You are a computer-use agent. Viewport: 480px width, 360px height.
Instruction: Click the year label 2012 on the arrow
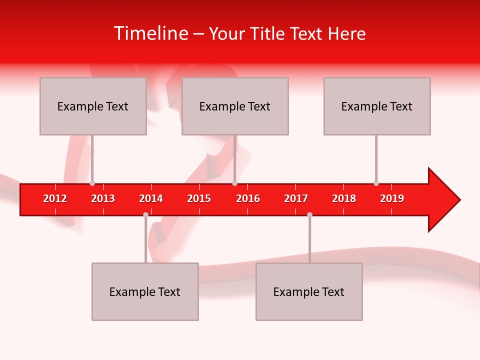click(55, 198)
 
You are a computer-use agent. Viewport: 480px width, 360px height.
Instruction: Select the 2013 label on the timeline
click(103, 198)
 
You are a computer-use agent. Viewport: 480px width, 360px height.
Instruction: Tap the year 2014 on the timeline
click(151, 198)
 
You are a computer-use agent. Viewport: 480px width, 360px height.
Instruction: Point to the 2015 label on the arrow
click(199, 198)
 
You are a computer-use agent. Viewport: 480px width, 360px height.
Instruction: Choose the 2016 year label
click(248, 198)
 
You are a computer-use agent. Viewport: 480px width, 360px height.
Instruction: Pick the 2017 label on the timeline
click(296, 198)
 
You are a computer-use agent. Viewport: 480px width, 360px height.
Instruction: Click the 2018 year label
click(344, 198)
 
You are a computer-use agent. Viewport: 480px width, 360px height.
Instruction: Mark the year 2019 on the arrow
click(392, 198)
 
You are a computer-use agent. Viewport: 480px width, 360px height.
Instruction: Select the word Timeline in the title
click(150, 33)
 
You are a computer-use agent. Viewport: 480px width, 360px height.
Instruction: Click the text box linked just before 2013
click(93, 106)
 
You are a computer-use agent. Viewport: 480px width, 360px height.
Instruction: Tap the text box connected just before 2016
click(235, 106)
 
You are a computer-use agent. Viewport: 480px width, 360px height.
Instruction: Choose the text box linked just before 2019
click(377, 106)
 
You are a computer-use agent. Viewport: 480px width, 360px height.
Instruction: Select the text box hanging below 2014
click(145, 291)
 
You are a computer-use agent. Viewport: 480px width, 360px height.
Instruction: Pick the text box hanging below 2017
click(309, 291)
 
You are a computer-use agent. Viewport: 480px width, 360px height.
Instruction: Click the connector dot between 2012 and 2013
click(92, 183)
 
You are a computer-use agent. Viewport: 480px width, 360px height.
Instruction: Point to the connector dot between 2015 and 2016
click(234, 183)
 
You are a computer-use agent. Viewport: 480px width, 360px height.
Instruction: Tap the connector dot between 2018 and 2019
click(376, 183)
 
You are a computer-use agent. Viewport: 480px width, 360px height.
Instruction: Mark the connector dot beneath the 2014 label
click(145, 214)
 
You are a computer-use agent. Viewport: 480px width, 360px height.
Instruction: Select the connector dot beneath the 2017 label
click(309, 214)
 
